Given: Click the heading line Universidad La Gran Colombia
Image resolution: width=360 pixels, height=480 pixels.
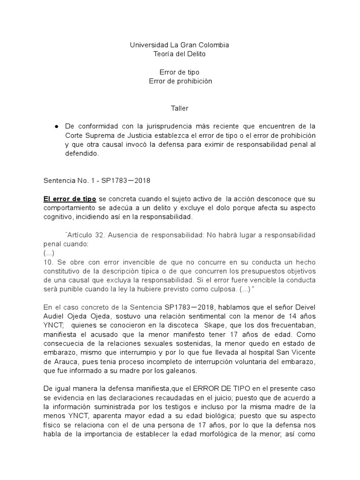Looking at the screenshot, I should [180, 45].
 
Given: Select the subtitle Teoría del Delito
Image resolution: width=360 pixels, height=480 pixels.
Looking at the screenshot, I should [180, 54].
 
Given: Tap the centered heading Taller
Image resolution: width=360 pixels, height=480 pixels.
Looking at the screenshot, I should [180, 108].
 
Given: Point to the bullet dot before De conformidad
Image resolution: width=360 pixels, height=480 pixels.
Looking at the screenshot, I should [56, 127].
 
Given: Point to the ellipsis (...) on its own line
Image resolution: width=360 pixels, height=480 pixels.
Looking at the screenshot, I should [49, 253].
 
